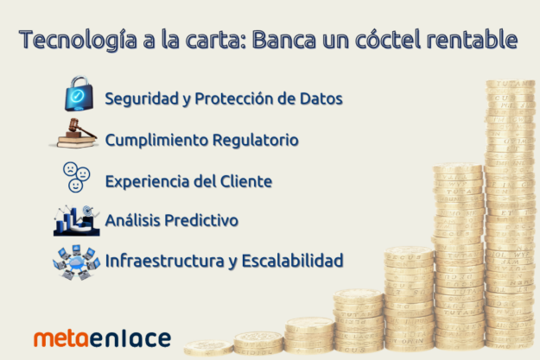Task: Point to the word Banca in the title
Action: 287,40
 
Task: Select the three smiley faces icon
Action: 75,177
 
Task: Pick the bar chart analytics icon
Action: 76,221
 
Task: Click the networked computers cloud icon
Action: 75,261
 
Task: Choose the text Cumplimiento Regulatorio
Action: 201,140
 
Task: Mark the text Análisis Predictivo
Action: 171,221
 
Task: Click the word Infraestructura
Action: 159,261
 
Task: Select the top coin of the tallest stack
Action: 509,85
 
